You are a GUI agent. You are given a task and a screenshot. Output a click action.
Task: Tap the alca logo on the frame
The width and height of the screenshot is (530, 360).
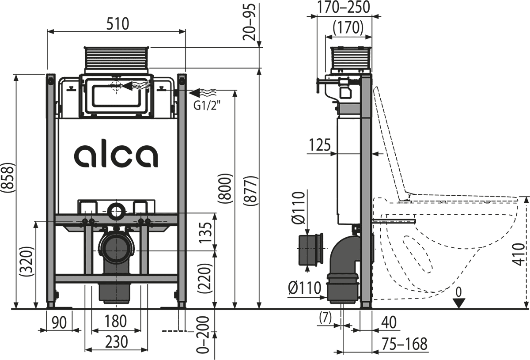coord(117,155)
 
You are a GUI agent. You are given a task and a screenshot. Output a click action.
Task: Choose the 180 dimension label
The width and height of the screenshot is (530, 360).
coord(116,321)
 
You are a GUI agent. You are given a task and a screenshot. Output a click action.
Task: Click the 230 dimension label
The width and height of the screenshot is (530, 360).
coord(116,341)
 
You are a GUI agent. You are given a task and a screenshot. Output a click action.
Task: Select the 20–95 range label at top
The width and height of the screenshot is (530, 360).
coord(250,22)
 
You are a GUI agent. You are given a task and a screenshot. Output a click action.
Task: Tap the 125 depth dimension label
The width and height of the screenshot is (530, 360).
coord(320,145)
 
